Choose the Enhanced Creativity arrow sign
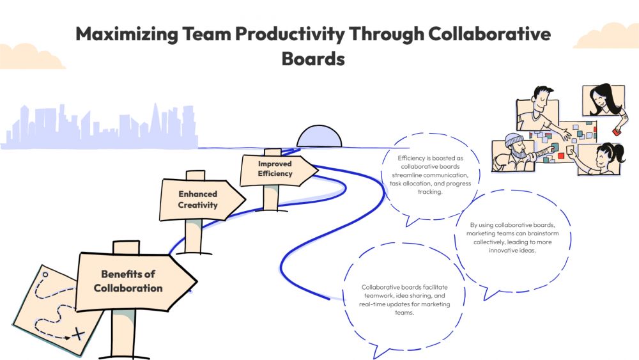199,200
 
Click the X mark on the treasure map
78,334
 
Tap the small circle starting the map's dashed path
45,275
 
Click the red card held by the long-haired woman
617,131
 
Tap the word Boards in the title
313,59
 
